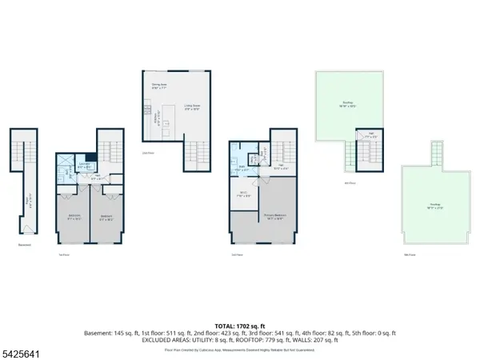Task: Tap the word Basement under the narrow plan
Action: (x=23, y=246)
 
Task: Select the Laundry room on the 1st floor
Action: (x=82, y=167)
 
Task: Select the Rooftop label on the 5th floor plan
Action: (x=434, y=206)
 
